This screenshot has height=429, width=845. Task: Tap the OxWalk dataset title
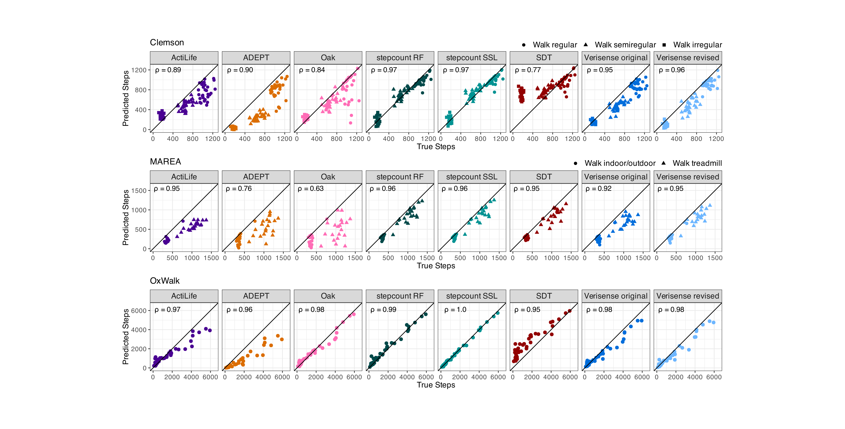[x=165, y=281]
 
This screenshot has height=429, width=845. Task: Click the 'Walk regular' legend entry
[x=554, y=45]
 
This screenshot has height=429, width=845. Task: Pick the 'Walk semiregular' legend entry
[x=625, y=45]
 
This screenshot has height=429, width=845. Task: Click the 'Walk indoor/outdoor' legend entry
[x=620, y=163]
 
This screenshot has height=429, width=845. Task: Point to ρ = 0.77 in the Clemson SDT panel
[x=528, y=70]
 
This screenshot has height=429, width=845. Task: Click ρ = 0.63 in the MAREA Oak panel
[x=311, y=189]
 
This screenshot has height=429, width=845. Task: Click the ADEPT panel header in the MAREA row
[x=256, y=177]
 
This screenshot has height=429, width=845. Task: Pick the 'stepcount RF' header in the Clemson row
[x=400, y=58]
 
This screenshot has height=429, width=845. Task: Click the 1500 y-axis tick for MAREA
[x=139, y=191]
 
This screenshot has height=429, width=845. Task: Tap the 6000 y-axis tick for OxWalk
[x=139, y=311]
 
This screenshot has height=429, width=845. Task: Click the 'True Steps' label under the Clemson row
[x=436, y=147]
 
